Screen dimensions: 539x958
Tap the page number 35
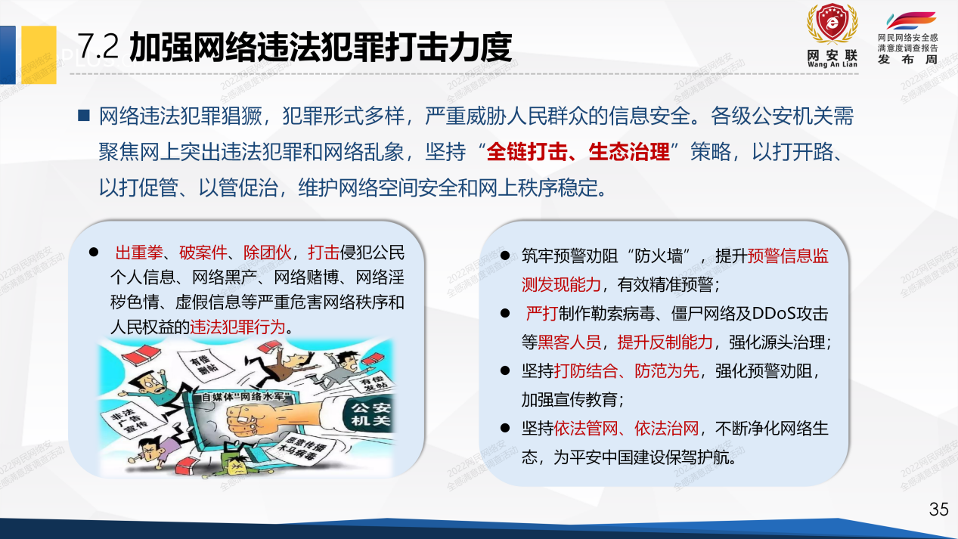pos(938,510)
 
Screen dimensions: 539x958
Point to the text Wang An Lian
pos(832,65)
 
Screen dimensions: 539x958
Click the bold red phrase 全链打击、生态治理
pos(578,152)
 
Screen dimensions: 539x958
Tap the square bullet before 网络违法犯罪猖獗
pos(84,116)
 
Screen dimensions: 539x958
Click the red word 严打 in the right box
pos(541,314)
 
